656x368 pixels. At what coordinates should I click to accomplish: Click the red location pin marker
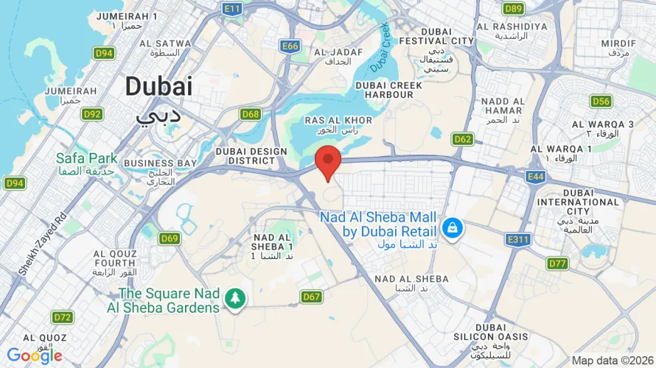[328, 161]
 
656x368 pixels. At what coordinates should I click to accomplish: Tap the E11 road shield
[232, 9]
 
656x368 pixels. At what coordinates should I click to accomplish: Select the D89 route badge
[514, 9]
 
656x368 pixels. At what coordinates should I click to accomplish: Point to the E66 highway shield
[290, 46]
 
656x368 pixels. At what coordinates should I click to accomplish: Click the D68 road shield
[251, 114]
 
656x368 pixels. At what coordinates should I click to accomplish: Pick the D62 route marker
[463, 139]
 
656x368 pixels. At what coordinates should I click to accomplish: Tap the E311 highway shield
[518, 240]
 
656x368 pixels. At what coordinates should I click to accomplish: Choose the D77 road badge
[558, 263]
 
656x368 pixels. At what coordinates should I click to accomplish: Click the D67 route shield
[312, 297]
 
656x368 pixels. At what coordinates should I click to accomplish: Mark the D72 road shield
[63, 317]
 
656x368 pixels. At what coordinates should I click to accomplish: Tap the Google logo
[35, 356]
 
